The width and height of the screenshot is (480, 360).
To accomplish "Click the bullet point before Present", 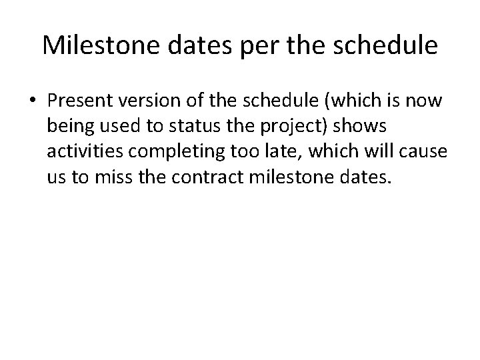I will click(34, 101).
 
